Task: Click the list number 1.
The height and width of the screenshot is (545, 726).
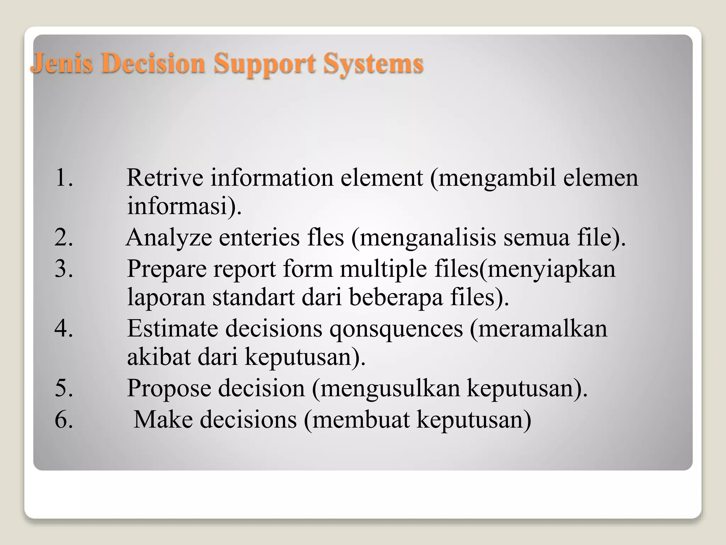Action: [64, 177]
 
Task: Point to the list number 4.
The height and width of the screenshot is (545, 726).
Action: [64, 328]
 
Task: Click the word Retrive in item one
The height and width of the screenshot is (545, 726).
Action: [164, 177]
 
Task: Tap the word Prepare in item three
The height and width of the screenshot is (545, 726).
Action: [166, 268]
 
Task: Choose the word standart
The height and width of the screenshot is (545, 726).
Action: [253, 297]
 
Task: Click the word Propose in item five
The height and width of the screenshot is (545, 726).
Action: [169, 388]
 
